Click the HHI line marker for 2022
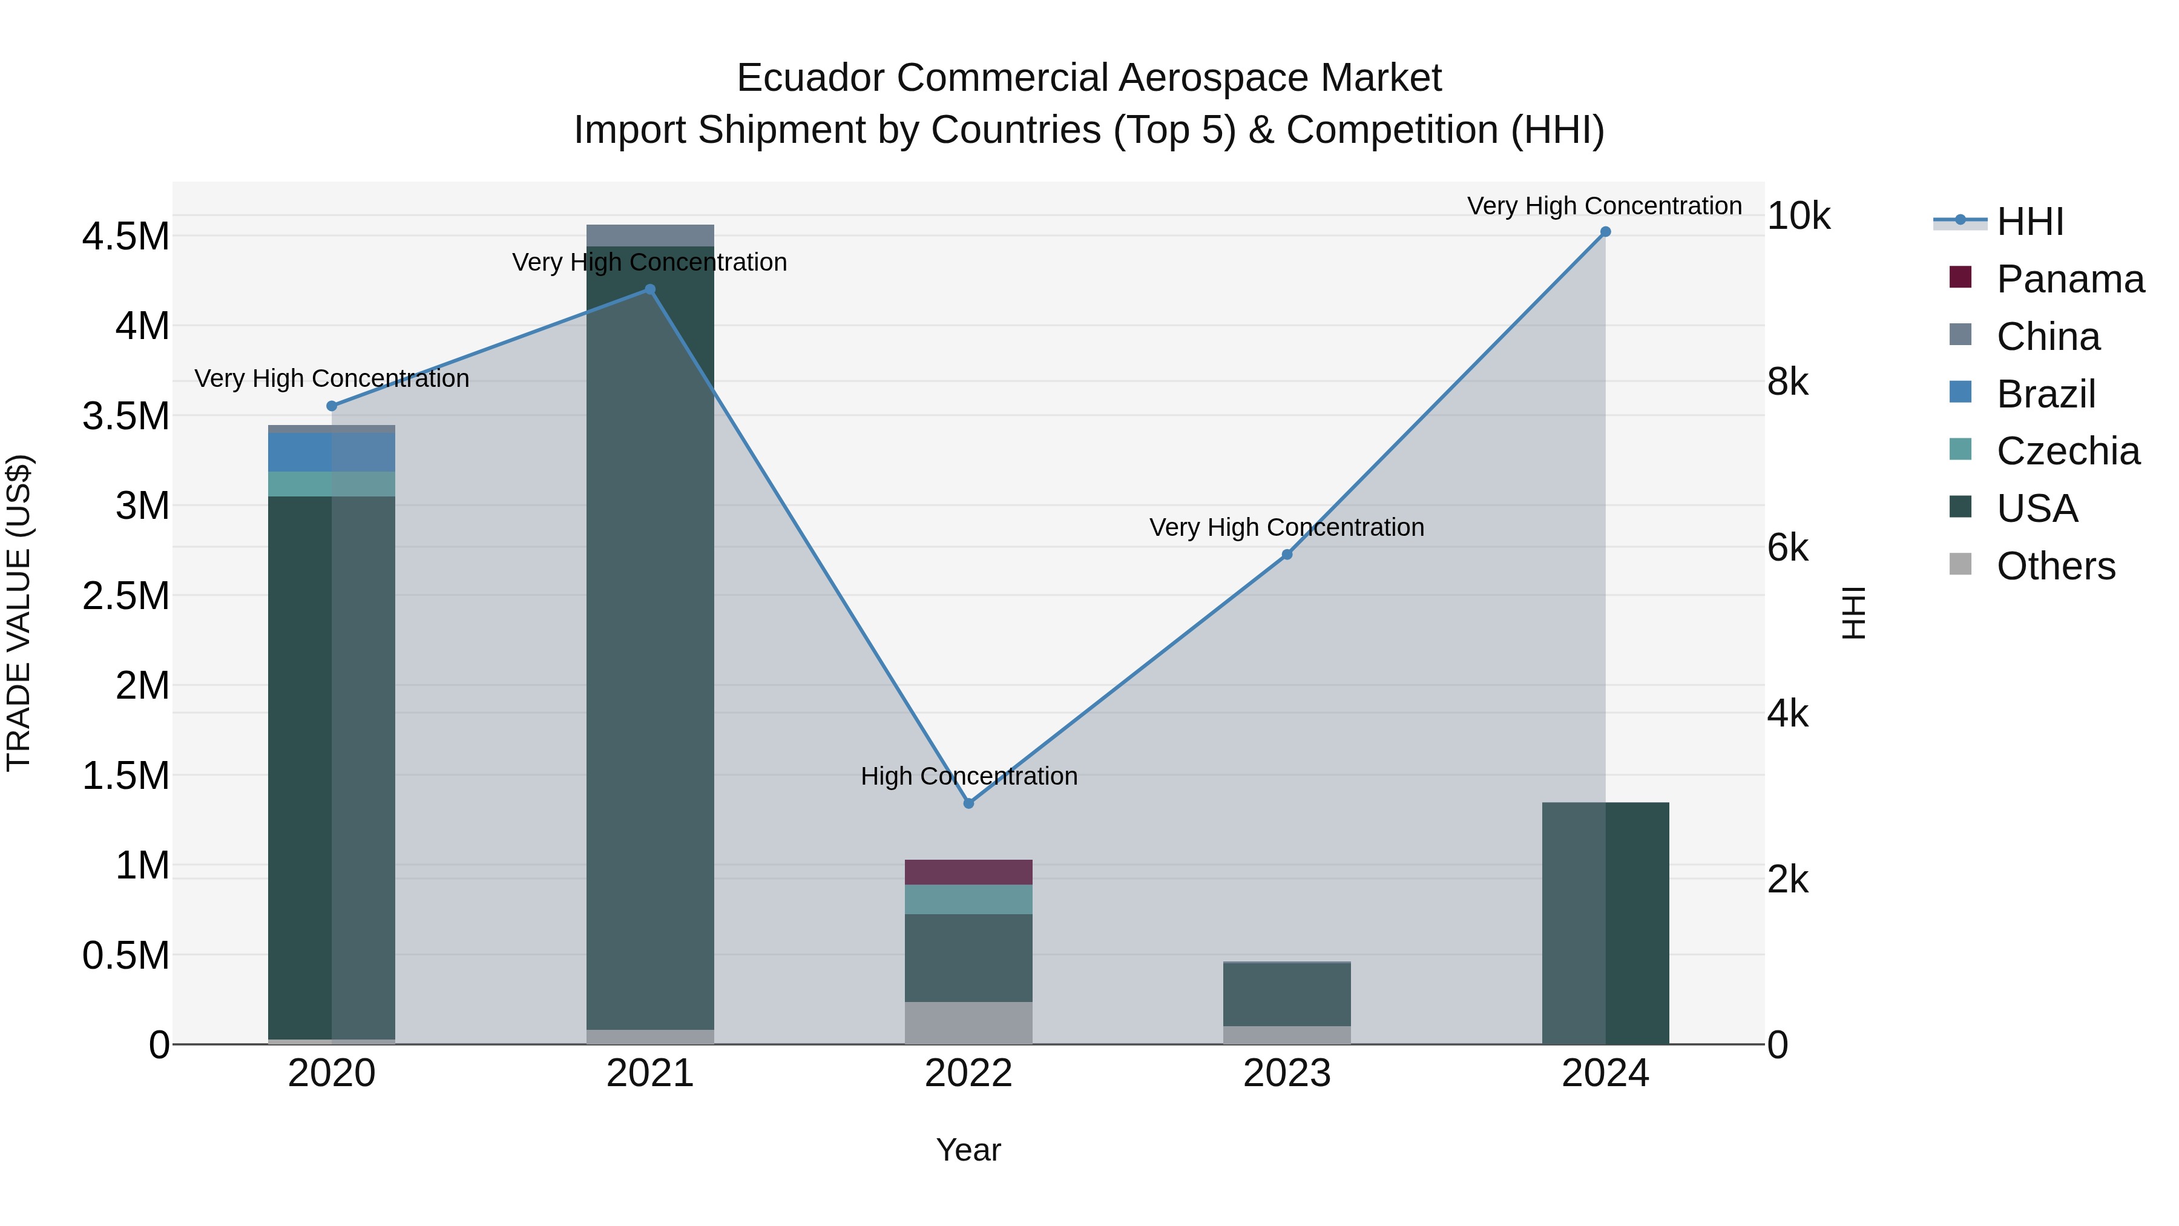pyautogui.click(x=968, y=803)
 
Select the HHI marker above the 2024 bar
pyautogui.click(x=1605, y=232)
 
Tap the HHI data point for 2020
pyautogui.click(x=332, y=406)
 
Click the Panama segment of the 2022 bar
pyautogui.click(x=968, y=872)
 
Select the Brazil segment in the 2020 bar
pyautogui.click(x=332, y=452)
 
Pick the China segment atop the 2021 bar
pyautogui.click(x=649, y=236)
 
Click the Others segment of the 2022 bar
pyautogui.click(x=968, y=1023)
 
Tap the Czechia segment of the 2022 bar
pyautogui.click(x=968, y=900)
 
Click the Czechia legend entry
pyautogui.click(x=2068, y=451)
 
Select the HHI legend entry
pyautogui.click(x=2029, y=222)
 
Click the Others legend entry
pyautogui.click(x=2056, y=566)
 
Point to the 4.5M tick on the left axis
pyautogui.click(x=125, y=236)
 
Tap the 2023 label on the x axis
pyautogui.click(x=1287, y=1073)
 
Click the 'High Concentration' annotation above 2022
pyautogui.click(x=968, y=776)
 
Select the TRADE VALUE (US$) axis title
pyautogui.click(x=19, y=613)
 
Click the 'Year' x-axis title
pyautogui.click(x=968, y=1150)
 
